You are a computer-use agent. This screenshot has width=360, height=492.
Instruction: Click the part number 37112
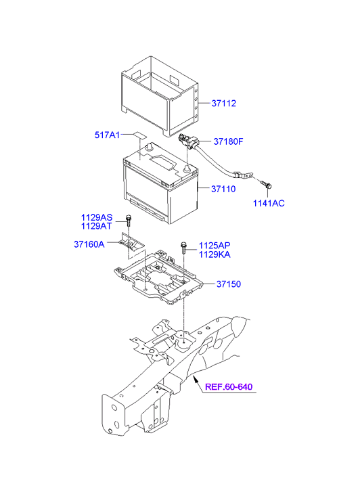(x=223, y=104)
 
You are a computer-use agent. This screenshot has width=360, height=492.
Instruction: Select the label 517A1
(x=107, y=135)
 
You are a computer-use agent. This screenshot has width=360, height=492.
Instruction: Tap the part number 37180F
(x=228, y=141)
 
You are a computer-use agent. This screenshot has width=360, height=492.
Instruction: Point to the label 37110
(x=223, y=189)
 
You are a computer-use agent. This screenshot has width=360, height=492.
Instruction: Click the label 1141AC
(x=269, y=203)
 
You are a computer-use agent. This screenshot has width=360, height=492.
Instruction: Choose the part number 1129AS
(x=97, y=217)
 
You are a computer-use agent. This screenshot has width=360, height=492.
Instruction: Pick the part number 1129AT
(x=96, y=226)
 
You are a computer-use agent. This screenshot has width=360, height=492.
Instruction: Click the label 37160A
(x=89, y=244)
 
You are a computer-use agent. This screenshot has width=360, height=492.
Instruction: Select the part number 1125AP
(x=215, y=246)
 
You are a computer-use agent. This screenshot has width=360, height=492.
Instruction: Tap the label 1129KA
(x=215, y=254)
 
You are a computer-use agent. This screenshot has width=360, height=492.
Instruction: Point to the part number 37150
(x=229, y=284)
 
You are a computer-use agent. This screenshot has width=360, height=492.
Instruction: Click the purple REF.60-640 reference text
(x=229, y=386)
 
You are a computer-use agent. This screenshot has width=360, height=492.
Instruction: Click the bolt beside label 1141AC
(x=267, y=184)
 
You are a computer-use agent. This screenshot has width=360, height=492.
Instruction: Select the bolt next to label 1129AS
(x=128, y=221)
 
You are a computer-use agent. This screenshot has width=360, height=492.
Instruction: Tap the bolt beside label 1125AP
(x=183, y=247)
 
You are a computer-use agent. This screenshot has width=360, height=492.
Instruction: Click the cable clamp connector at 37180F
(x=187, y=141)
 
